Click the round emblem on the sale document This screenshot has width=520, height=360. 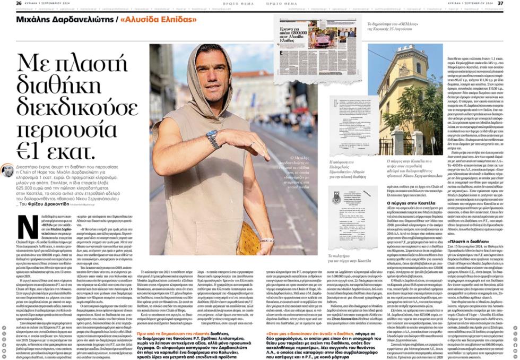[x=337, y=198]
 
